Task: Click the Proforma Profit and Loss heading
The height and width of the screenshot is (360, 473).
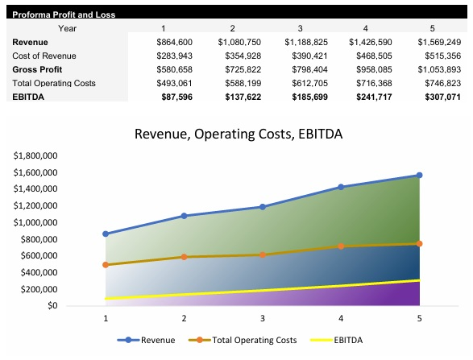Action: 52,14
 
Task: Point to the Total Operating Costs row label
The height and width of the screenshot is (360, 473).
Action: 53,83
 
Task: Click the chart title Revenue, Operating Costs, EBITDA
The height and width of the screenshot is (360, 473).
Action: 238,134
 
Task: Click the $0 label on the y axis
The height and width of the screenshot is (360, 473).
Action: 52,305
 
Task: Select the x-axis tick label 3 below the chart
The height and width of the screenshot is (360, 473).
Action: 262,319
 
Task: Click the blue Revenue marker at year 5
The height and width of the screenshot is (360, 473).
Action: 419,175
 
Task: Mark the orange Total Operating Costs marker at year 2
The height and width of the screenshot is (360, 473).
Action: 184,257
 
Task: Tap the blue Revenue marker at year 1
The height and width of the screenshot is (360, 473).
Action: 106,234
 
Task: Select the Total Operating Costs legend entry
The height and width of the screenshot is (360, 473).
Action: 251,340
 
